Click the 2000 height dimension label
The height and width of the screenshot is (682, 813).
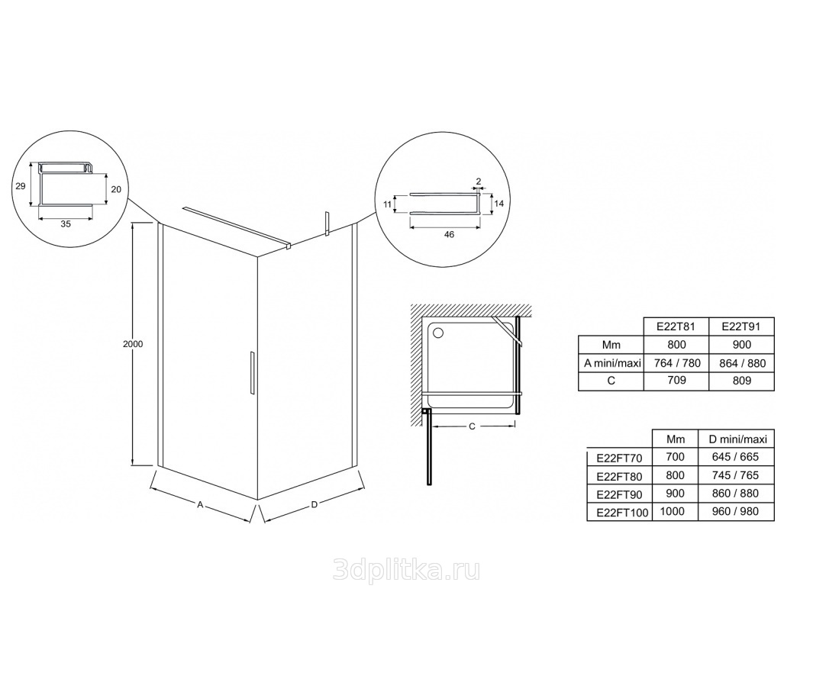tap(133, 344)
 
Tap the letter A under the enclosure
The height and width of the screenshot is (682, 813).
tap(199, 503)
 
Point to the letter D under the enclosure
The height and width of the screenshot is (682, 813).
tap(314, 505)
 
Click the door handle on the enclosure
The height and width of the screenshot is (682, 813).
tap(251, 373)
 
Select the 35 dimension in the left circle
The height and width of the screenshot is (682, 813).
tap(66, 224)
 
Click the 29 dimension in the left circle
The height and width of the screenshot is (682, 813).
tap(20, 186)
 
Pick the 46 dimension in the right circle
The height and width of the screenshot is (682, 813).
tap(449, 235)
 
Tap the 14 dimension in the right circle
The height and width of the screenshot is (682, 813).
tap(498, 204)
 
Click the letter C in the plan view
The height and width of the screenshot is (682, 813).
tap(472, 426)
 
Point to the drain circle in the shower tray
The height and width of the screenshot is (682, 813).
tap(439, 332)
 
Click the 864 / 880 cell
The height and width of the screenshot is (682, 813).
tap(742, 363)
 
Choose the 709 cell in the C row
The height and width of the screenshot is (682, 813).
tap(676, 381)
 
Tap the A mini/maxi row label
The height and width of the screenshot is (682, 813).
tap(612, 363)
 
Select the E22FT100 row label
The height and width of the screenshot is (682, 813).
tap(622, 513)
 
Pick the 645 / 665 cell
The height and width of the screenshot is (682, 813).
tap(735, 457)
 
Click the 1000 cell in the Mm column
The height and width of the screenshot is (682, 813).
tap(673, 511)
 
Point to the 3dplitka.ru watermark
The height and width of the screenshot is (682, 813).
tap(406, 570)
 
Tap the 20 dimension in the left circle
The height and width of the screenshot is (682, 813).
tap(116, 190)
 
